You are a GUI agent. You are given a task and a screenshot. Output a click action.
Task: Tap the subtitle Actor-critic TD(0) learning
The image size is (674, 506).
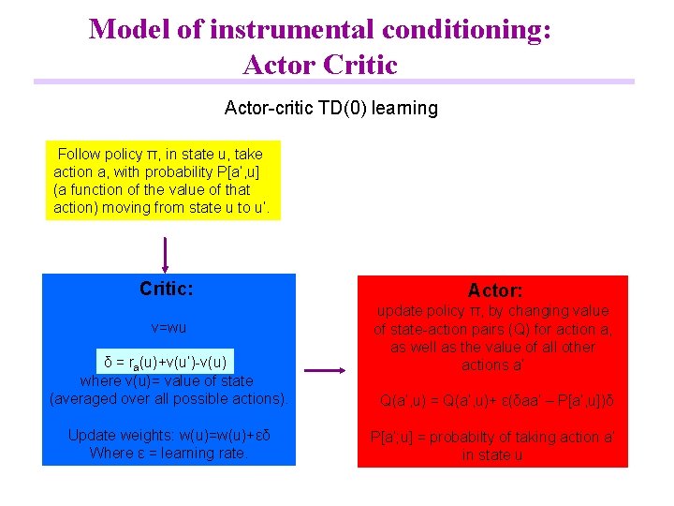[x=331, y=108]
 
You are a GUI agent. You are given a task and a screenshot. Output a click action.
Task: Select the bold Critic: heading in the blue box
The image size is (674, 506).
[x=167, y=289]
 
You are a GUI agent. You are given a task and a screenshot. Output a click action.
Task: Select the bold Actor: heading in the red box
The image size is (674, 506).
[x=495, y=291]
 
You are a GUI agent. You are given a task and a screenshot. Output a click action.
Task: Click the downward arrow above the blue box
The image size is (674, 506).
[x=166, y=254]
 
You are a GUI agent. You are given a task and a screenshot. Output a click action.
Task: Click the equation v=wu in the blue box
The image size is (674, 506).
[x=168, y=329]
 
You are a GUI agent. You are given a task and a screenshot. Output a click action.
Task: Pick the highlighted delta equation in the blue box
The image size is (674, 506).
[x=165, y=363]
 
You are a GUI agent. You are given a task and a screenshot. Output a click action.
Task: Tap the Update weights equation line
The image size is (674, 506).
[x=168, y=436]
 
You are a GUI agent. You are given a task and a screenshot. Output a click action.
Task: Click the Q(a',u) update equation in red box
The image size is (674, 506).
[x=496, y=401]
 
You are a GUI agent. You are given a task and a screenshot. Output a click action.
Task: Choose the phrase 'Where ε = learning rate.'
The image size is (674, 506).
[x=168, y=454]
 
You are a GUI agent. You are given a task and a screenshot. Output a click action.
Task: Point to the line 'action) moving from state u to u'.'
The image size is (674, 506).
[x=162, y=207]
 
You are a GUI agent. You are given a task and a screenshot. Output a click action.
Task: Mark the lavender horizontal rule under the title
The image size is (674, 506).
[x=334, y=82]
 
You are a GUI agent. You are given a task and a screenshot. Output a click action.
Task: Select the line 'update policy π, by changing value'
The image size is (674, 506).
[x=492, y=311]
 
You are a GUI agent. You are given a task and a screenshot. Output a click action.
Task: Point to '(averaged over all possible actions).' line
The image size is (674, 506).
[x=168, y=399]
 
